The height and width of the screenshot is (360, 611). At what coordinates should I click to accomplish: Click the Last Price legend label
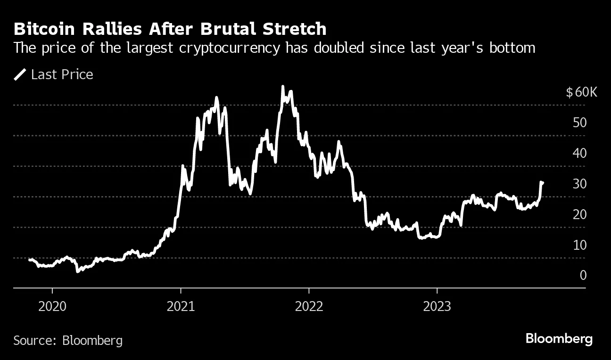point(62,74)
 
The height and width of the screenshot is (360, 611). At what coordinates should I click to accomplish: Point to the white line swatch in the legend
point(20,74)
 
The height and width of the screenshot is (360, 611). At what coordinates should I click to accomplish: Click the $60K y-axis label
point(581,92)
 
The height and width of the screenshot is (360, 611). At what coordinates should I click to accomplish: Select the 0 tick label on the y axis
point(583,276)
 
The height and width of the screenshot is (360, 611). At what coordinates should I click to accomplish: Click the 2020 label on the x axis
point(52,306)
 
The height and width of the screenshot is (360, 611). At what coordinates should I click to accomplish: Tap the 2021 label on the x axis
point(181,306)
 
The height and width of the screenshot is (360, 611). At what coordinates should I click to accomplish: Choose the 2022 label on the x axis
point(309,306)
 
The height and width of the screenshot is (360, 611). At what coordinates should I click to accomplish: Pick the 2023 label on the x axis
point(437,306)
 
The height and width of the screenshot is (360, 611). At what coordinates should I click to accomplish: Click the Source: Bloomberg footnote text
point(68,340)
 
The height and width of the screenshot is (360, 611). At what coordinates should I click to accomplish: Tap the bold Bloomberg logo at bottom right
point(559,339)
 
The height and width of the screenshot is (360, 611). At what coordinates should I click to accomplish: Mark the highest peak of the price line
point(282,87)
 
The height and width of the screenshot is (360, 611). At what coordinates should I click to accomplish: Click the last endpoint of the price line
point(543,183)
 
